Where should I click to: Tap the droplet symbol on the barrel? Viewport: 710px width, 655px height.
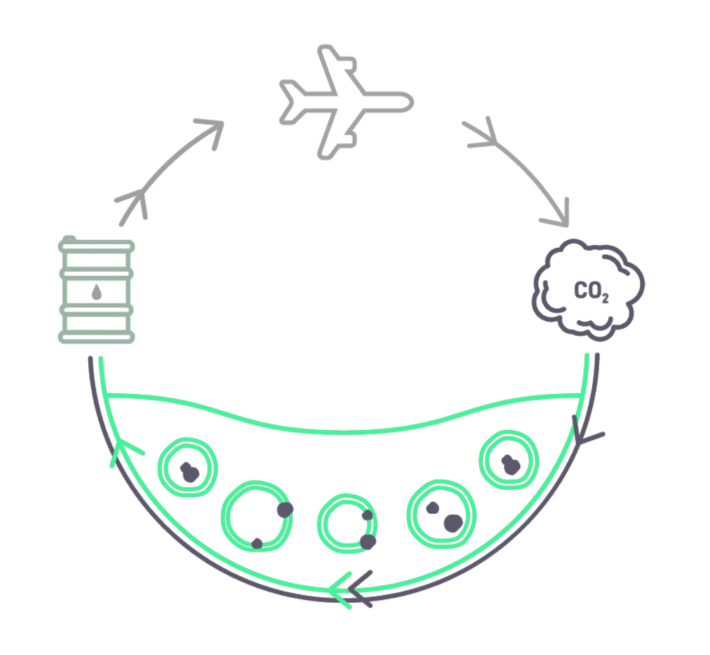96,290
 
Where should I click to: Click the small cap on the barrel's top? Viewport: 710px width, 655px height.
68,239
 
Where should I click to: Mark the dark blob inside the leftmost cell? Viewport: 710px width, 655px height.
188,473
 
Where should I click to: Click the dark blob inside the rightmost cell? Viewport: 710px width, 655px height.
510,465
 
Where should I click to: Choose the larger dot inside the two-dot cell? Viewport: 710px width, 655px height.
453,523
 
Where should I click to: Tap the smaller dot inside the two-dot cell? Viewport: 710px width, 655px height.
433,507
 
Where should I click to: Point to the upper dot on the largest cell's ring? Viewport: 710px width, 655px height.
285,510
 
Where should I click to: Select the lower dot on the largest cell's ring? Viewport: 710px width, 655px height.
258,543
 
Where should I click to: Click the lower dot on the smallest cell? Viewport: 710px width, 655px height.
368,542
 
